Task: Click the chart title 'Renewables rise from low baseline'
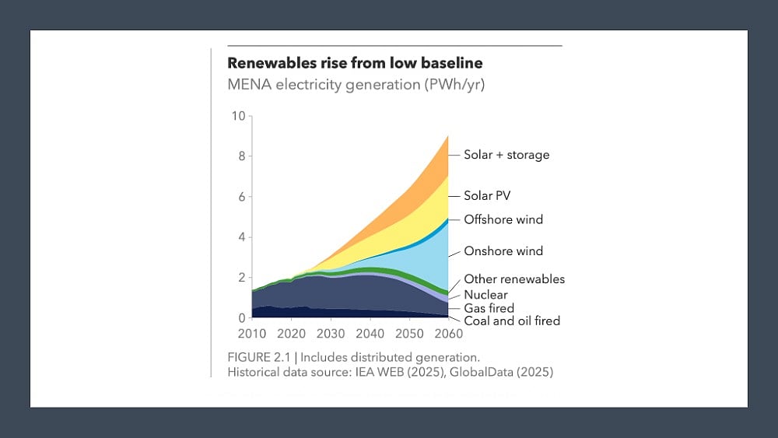(x=355, y=63)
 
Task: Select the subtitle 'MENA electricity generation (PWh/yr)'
(x=356, y=84)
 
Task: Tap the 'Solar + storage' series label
(x=506, y=155)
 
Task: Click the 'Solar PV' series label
(x=487, y=196)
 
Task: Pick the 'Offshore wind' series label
(x=503, y=219)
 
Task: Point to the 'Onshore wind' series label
(x=503, y=251)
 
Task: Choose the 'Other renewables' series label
(x=514, y=279)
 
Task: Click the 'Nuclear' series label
(x=485, y=295)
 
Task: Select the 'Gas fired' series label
(x=489, y=308)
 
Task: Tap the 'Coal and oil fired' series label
(x=512, y=321)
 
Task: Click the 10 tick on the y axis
(x=238, y=116)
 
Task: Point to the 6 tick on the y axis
(x=241, y=197)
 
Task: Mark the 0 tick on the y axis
(x=241, y=317)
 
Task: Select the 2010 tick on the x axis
(x=253, y=334)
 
